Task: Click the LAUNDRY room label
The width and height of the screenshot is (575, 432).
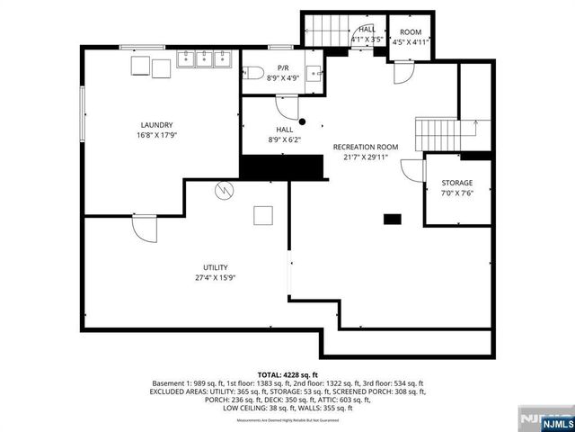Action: click(156, 125)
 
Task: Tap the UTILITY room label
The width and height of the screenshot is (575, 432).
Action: click(216, 267)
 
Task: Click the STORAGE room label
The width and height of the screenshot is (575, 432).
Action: click(456, 183)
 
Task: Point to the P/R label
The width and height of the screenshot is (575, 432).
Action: click(283, 67)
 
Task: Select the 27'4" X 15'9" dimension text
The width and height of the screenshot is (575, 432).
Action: click(216, 277)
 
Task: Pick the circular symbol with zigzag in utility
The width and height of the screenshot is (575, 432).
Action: click(224, 190)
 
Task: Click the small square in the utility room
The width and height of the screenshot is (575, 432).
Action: click(263, 215)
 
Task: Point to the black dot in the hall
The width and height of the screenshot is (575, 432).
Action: click(303, 121)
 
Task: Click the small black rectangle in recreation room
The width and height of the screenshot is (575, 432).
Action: click(392, 218)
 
